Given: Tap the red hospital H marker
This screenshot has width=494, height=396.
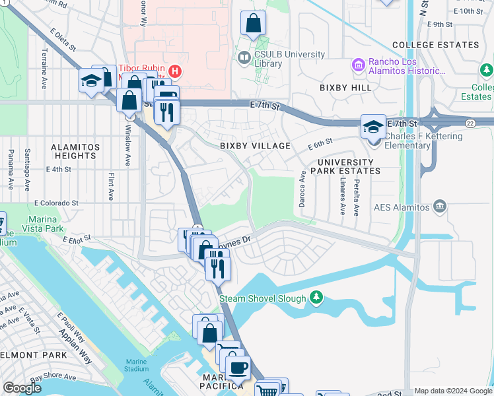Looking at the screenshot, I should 175,71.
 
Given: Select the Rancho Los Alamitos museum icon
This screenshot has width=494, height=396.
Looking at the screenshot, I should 359,65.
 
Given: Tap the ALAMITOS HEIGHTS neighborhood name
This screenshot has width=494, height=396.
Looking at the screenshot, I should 76,151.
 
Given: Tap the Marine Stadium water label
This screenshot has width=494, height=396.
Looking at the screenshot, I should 136,365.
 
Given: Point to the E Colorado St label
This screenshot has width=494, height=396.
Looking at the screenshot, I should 57,203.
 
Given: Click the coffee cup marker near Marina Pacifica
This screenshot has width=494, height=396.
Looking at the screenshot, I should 238,368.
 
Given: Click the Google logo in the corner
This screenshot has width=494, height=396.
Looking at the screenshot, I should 22,388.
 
